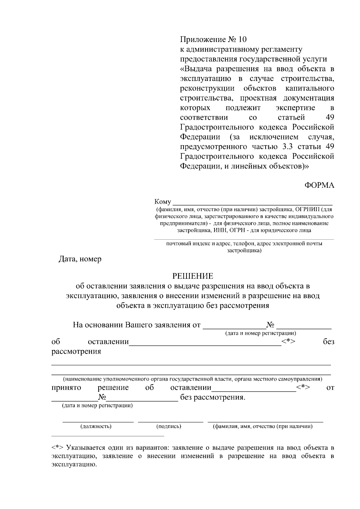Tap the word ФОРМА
(319, 185)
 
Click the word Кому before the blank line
(163, 202)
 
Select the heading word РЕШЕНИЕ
(193, 276)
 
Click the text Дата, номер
(80, 259)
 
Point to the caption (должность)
(96, 426)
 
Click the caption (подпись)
(169, 426)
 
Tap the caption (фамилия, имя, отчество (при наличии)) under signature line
(262, 426)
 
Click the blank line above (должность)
(98, 422)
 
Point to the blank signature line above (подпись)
(170, 422)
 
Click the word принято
(66, 388)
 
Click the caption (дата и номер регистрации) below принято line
(97, 406)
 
